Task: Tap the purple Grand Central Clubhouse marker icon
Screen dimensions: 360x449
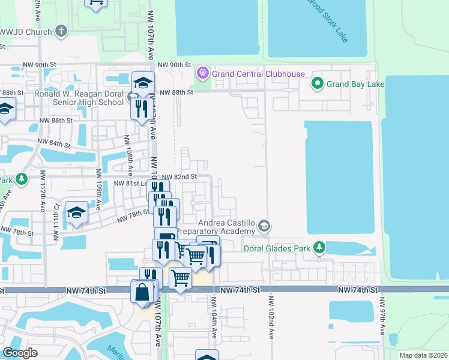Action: click(202, 74)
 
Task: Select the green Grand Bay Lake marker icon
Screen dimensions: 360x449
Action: click(317, 84)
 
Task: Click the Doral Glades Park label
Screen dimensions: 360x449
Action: click(278, 248)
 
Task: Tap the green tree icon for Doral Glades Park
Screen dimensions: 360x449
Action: click(320, 247)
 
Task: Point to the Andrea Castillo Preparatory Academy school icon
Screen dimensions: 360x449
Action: click(264, 226)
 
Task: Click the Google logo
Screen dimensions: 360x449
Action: click(20, 353)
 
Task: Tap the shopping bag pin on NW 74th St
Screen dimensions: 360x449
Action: click(143, 293)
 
